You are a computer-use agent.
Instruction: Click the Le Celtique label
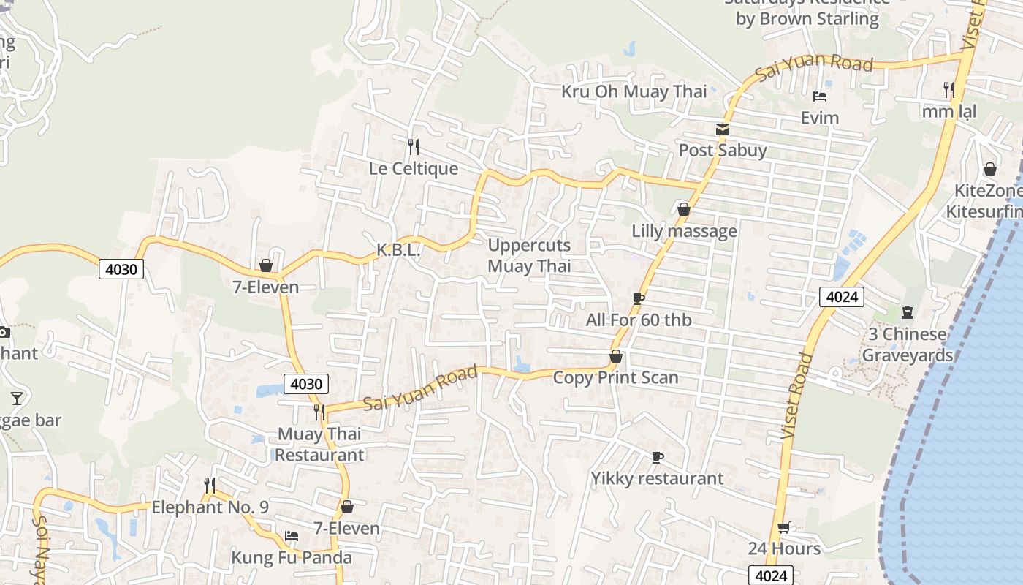(413, 168)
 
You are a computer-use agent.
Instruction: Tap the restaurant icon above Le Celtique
(413, 147)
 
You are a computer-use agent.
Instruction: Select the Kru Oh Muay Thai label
(634, 91)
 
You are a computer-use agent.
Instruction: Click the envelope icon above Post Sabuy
(723, 129)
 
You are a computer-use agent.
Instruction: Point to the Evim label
(819, 118)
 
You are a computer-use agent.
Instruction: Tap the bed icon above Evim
(819, 97)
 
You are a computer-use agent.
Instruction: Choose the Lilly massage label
(684, 231)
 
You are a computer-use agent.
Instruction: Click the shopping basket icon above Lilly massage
(684, 210)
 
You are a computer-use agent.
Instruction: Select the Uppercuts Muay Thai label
(529, 255)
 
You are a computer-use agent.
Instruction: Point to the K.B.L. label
(398, 250)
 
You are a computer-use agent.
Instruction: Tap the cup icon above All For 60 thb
(639, 298)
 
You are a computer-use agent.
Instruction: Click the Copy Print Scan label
(615, 377)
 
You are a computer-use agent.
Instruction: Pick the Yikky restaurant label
(657, 478)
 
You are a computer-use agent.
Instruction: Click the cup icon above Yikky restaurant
(657, 457)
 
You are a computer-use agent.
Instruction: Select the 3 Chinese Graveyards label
(908, 344)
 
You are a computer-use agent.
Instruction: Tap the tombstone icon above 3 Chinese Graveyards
(908, 313)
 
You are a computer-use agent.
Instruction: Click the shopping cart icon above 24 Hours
(784, 527)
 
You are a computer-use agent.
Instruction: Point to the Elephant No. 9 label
(210, 507)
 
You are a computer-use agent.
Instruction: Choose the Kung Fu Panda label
(292, 557)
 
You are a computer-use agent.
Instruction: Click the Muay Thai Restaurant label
(319, 444)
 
